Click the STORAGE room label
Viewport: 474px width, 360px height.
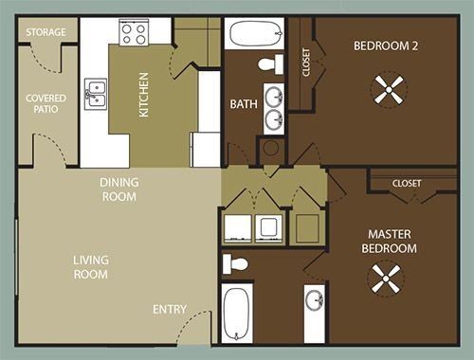click(x=46, y=32)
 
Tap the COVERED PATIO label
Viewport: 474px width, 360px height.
click(x=46, y=103)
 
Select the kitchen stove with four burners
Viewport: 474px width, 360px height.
click(x=134, y=32)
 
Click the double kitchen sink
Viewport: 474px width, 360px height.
click(x=96, y=94)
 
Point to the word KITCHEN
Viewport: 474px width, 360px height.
click(x=144, y=95)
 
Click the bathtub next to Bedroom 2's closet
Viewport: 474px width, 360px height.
click(x=256, y=33)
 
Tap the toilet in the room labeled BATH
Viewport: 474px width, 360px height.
click(x=271, y=64)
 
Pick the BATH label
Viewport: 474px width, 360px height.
click(x=244, y=104)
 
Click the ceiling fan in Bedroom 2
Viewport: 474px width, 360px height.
click(x=389, y=90)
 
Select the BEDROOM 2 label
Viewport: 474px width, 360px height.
click(x=386, y=46)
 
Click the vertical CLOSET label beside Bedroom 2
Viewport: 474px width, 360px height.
click(x=306, y=63)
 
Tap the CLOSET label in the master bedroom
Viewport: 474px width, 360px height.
click(x=407, y=183)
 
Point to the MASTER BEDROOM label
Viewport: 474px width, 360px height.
click(x=390, y=242)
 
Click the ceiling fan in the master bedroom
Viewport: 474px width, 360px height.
click(x=386, y=279)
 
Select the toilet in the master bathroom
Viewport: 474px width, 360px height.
click(x=235, y=264)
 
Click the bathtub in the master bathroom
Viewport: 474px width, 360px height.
click(x=237, y=314)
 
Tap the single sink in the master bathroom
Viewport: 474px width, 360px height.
click(x=315, y=300)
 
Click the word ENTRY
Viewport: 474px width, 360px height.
click(x=170, y=310)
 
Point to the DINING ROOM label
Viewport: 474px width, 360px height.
click(x=119, y=189)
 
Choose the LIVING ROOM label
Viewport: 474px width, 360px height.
click(x=91, y=267)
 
